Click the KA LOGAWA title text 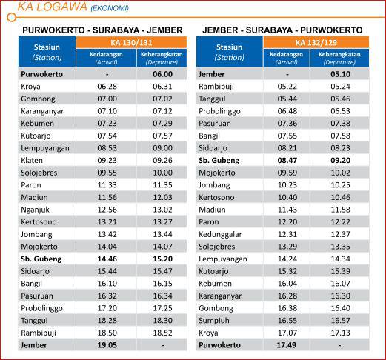coord(52,7)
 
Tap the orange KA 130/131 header coord(131,42)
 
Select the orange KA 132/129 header coord(316,42)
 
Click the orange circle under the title coord(11,17)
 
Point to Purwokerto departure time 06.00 coord(162,74)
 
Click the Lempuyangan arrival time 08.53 coord(107,148)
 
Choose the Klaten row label coord(32,160)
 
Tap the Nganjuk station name coord(35,210)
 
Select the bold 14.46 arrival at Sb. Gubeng coord(107,259)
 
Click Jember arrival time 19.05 coord(107,345)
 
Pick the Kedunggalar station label coord(220,234)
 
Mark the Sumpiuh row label coord(214,321)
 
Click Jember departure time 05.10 coord(340,74)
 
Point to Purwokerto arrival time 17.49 coord(287,345)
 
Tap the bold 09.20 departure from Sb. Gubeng coord(340,160)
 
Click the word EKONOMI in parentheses coord(110,9)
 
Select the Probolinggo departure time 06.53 coord(340,111)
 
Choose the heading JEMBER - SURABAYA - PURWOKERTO coord(282,30)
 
